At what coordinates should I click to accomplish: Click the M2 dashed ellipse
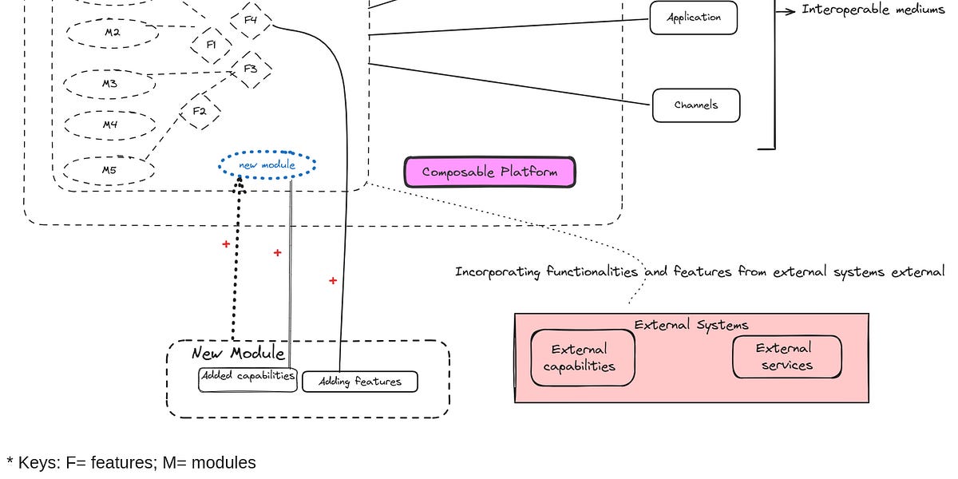point(112,32)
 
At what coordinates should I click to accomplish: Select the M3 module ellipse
point(109,83)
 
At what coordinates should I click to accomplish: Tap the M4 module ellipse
point(110,125)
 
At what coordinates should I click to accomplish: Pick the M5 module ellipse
point(109,170)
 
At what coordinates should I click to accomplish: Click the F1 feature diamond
point(211,45)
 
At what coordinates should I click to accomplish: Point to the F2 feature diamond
point(200,111)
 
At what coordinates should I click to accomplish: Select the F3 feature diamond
point(250,69)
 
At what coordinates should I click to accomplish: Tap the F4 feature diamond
point(250,21)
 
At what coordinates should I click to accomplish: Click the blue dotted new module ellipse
point(267,165)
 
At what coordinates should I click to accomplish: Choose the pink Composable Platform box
point(489,172)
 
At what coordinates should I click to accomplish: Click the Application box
point(693,18)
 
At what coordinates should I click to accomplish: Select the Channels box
point(696,105)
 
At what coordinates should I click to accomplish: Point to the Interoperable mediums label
point(873,10)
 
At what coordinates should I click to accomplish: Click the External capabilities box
point(583,358)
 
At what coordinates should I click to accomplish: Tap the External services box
point(786,357)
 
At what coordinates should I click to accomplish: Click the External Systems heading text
point(691,325)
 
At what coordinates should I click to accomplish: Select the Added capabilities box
point(247,377)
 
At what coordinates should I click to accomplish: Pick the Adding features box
point(360,382)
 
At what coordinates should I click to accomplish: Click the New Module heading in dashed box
point(238,353)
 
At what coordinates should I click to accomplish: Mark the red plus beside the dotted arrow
point(226,244)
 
